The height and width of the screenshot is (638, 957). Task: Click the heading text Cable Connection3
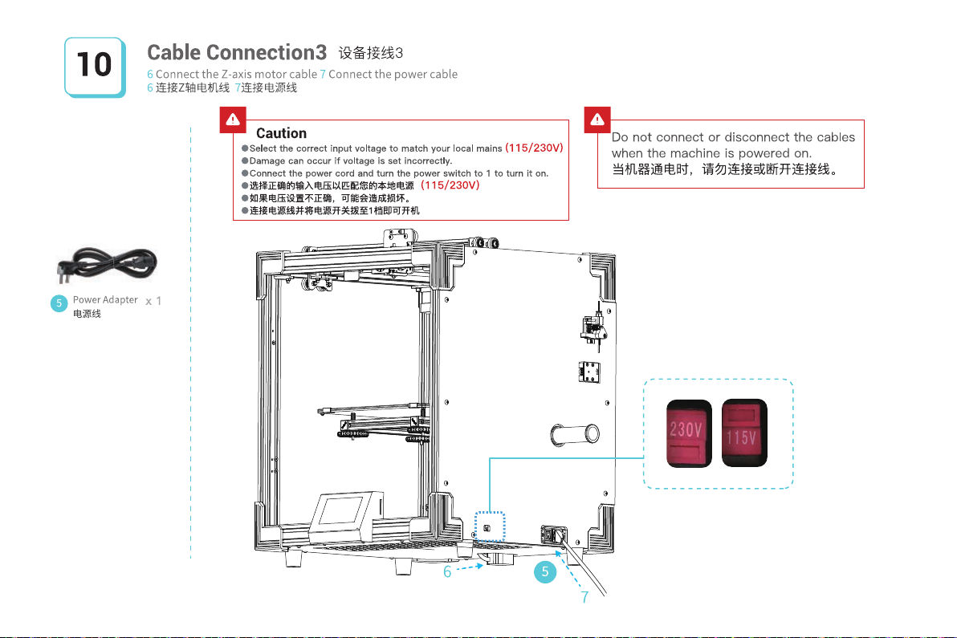[237, 53]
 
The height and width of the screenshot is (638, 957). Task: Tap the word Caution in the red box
[281, 133]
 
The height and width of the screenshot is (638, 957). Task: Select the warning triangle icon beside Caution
[233, 120]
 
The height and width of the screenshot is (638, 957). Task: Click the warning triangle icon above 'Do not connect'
[597, 120]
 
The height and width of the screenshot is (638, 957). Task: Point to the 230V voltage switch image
[682, 433]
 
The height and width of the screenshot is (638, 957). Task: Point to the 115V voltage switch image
[744, 433]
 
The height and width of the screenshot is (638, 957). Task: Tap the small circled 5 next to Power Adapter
[58, 303]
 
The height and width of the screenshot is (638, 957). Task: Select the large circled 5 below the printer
[544, 572]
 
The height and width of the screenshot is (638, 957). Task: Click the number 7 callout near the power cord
[584, 597]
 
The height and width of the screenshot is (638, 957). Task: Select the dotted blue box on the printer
[488, 527]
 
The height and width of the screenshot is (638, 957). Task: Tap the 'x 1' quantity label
[154, 302]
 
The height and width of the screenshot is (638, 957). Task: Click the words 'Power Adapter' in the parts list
[105, 300]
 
